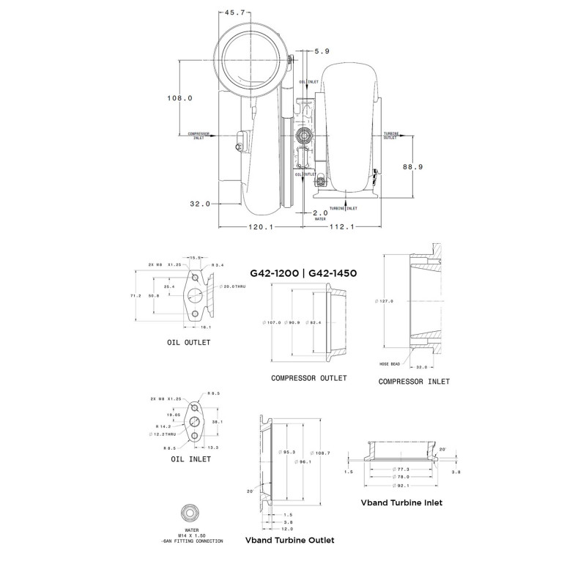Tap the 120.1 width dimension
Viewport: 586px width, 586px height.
(x=260, y=227)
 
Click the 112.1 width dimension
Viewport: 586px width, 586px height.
(x=341, y=227)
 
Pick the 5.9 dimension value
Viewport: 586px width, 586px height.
(x=322, y=51)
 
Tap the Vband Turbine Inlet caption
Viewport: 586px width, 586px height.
(x=401, y=503)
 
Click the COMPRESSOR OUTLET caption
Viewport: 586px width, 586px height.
(x=308, y=378)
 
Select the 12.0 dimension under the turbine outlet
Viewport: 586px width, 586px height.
(x=288, y=529)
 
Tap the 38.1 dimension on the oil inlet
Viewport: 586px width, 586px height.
(x=215, y=422)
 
